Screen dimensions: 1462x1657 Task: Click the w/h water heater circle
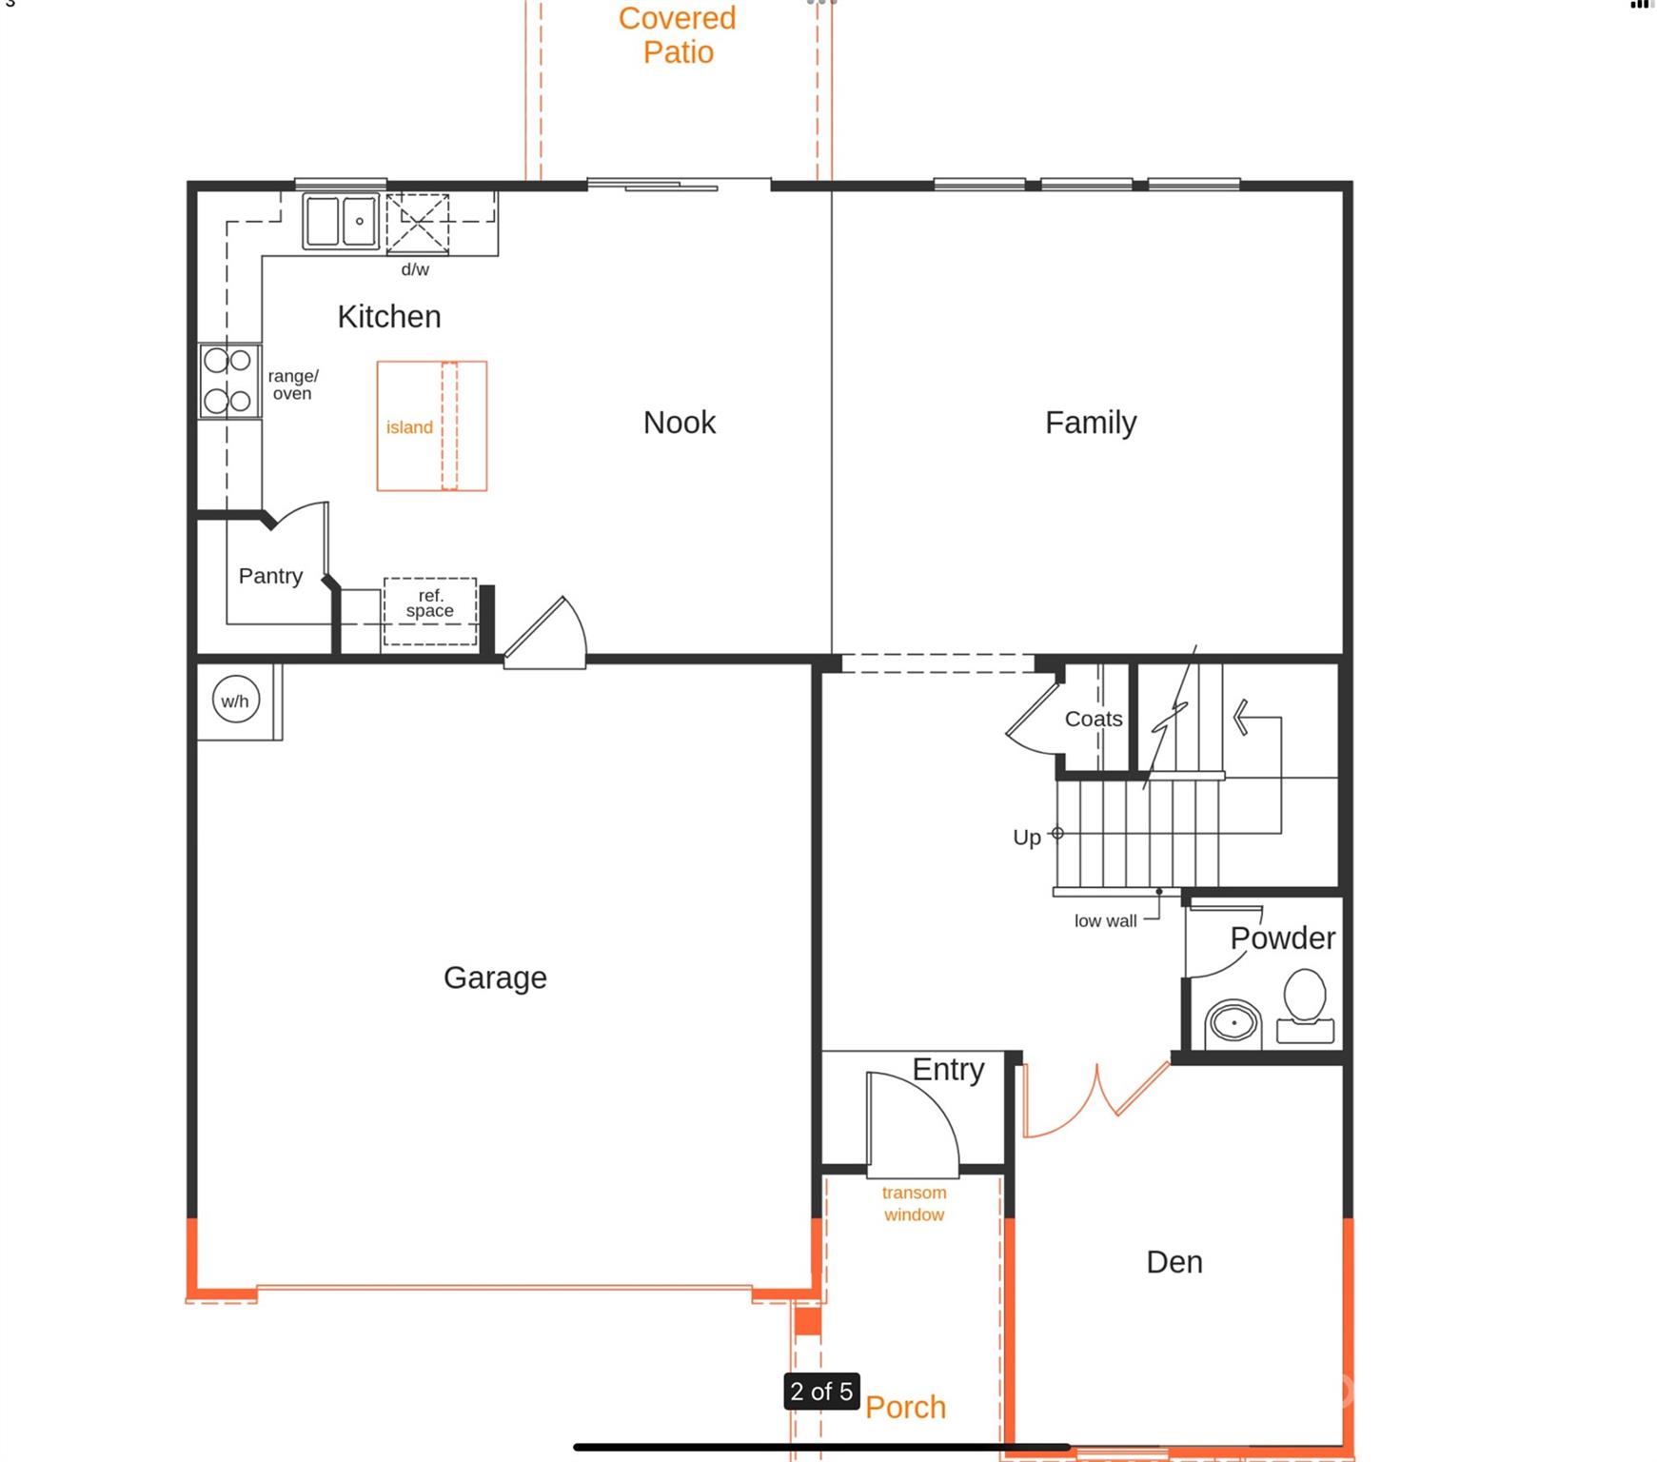pos(235,701)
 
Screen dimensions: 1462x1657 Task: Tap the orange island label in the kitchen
pos(409,427)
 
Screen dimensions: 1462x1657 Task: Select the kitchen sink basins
pos(341,221)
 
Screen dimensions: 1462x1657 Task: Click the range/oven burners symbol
pos(228,381)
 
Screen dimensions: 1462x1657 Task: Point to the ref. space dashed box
pos(430,610)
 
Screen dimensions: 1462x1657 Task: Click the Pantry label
pos(270,576)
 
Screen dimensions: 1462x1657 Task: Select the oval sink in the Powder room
pos(1234,1024)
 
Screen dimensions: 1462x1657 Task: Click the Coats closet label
pos(1093,719)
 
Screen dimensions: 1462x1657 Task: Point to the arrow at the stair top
pos(1242,718)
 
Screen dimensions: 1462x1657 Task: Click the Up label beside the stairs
pos(1026,838)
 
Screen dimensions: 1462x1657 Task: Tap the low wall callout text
pos(1105,921)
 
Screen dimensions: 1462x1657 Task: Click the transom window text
pos(914,1203)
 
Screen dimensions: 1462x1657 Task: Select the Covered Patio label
pos(678,35)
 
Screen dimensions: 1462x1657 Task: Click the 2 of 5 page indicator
pos(821,1392)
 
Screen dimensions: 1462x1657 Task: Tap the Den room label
pos(1174,1262)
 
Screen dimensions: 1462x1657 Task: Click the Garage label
pos(495,978)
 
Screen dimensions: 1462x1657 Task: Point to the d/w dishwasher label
pos(415,269)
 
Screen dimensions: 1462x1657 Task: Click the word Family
pos(1091,423)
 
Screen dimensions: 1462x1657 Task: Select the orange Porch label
pos(905,1407)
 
